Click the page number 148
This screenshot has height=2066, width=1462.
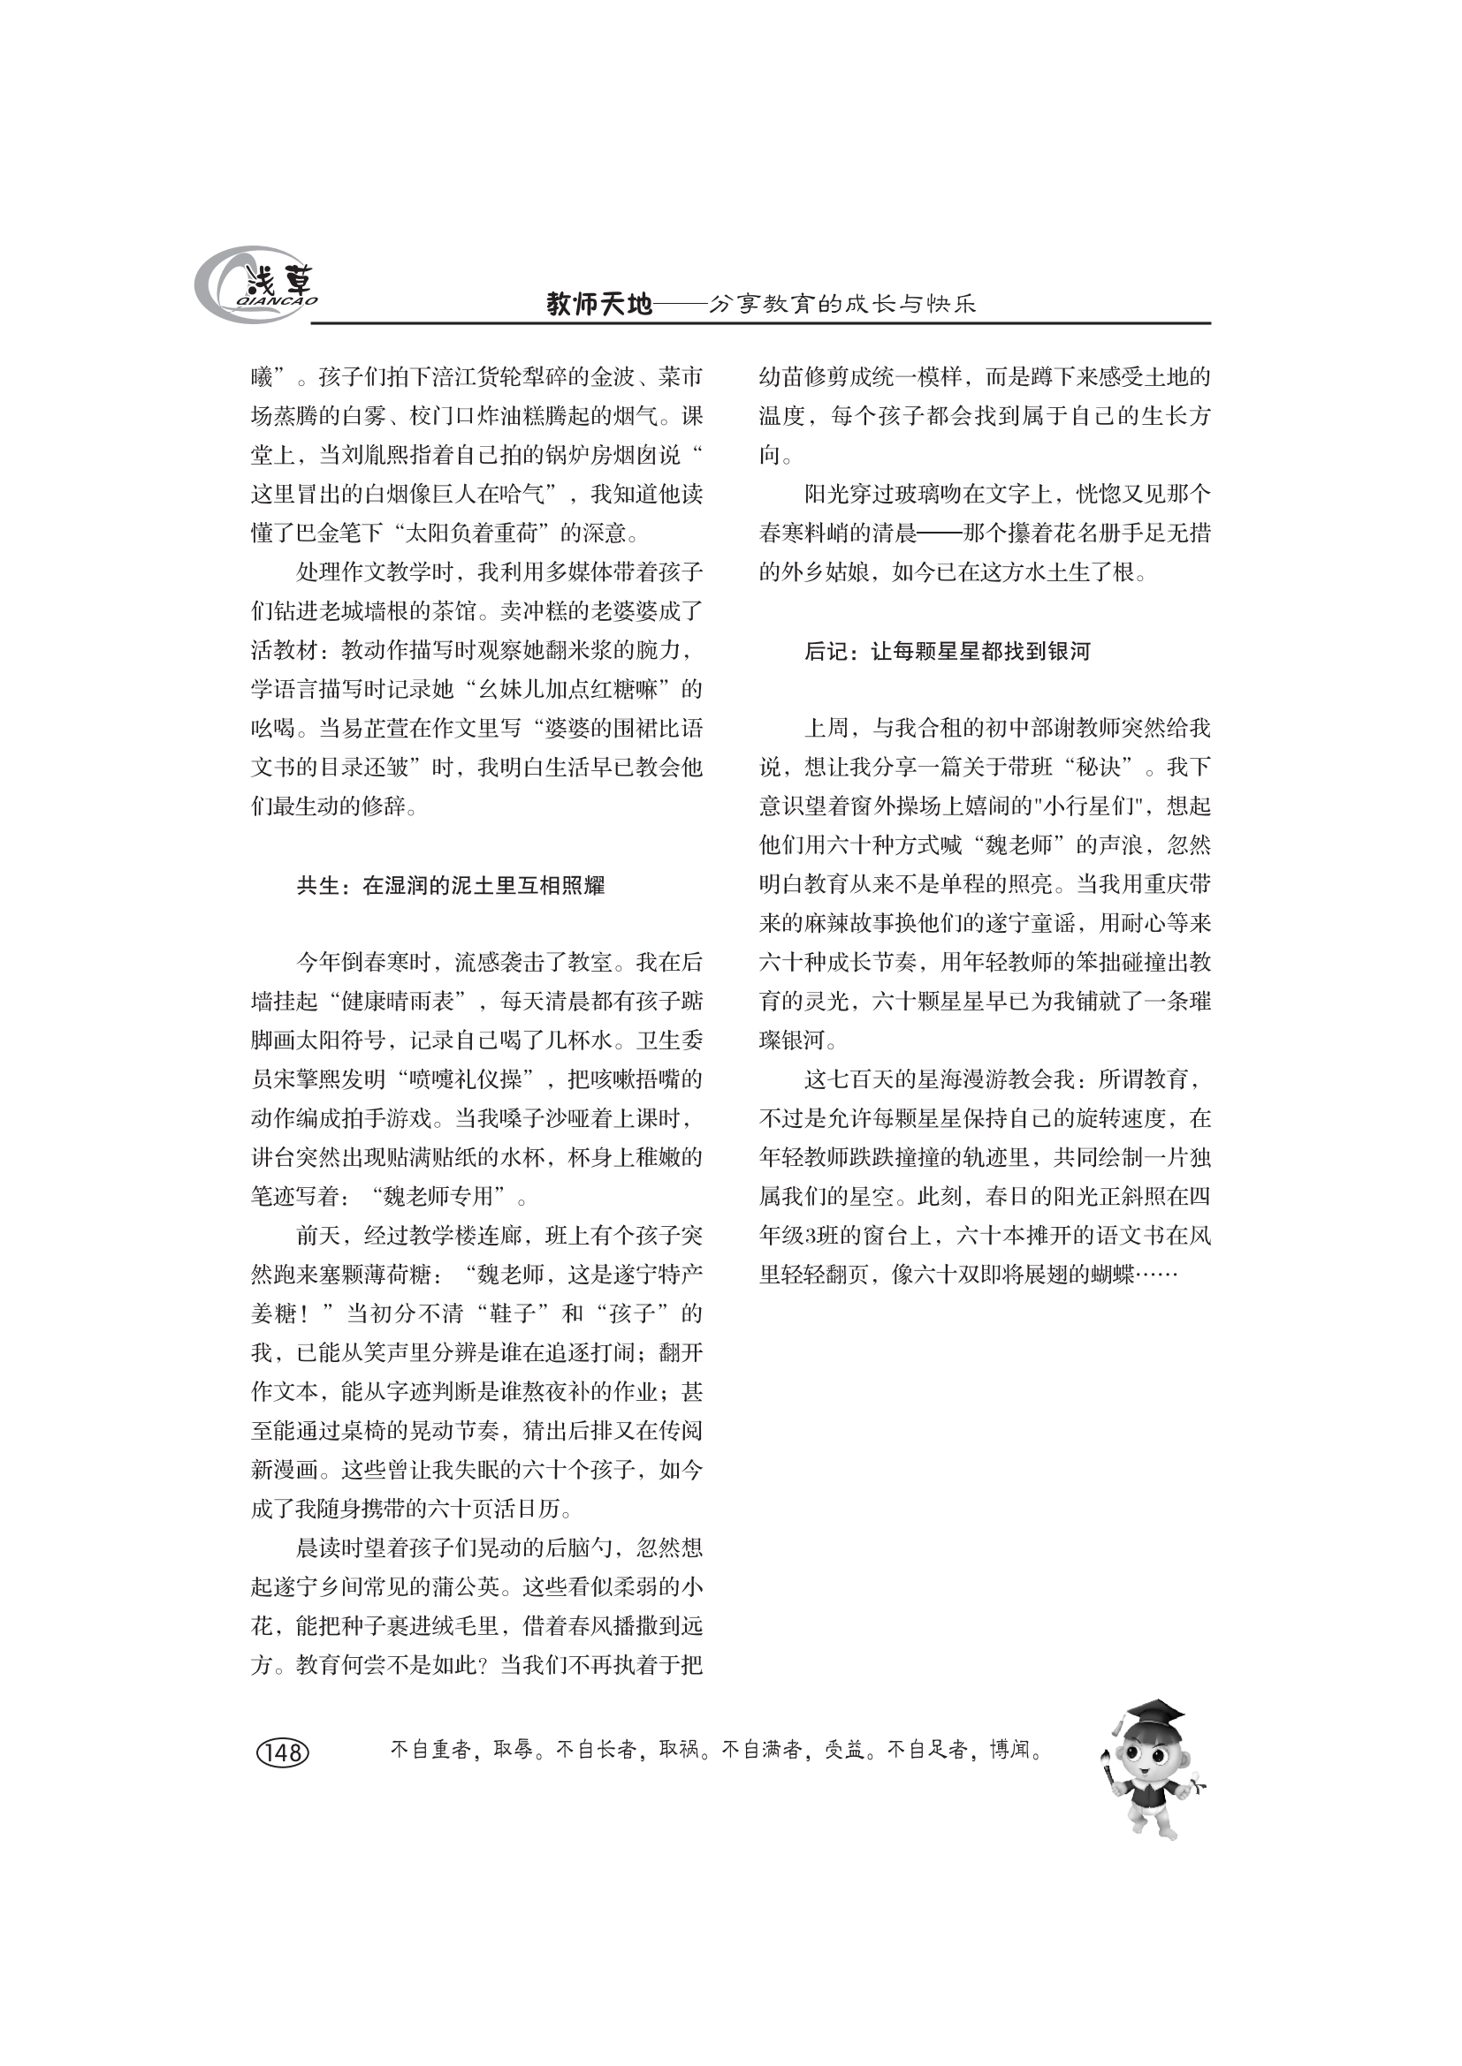284,1752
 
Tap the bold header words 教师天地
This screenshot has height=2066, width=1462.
599,305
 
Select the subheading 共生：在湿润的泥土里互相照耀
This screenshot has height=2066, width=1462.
450,885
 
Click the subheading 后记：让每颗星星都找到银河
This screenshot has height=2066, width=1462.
947,651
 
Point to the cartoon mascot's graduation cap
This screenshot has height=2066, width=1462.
1153,1711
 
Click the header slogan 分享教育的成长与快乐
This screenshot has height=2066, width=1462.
841,305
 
